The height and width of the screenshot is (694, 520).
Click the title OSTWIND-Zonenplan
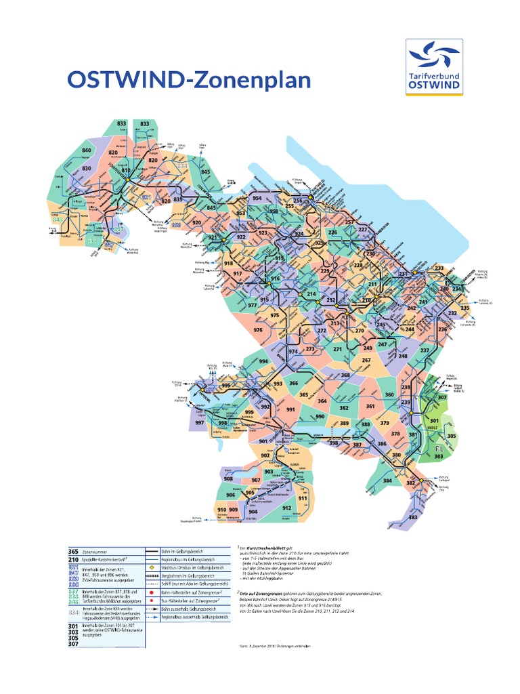click(189, 80)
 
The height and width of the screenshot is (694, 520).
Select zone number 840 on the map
click(87, 150)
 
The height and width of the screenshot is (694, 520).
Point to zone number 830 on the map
click(87, 168)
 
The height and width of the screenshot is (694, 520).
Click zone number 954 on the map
click(257, 198)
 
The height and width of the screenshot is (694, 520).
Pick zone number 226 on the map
click(332, 232)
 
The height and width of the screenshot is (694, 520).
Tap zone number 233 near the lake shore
click(439, 268)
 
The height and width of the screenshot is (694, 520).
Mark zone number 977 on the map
click(253, 305)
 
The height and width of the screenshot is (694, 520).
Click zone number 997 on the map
click(200, 423)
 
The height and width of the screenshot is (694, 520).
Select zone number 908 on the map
click(228, 478)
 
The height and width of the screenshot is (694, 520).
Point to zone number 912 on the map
click(286, 508)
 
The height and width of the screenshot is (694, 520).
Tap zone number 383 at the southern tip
click(412, 517)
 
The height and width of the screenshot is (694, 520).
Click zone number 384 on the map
click(387, 481)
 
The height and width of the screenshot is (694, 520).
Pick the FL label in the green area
click(438, 449)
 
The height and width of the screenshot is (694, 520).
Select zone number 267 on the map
click(366, 361)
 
